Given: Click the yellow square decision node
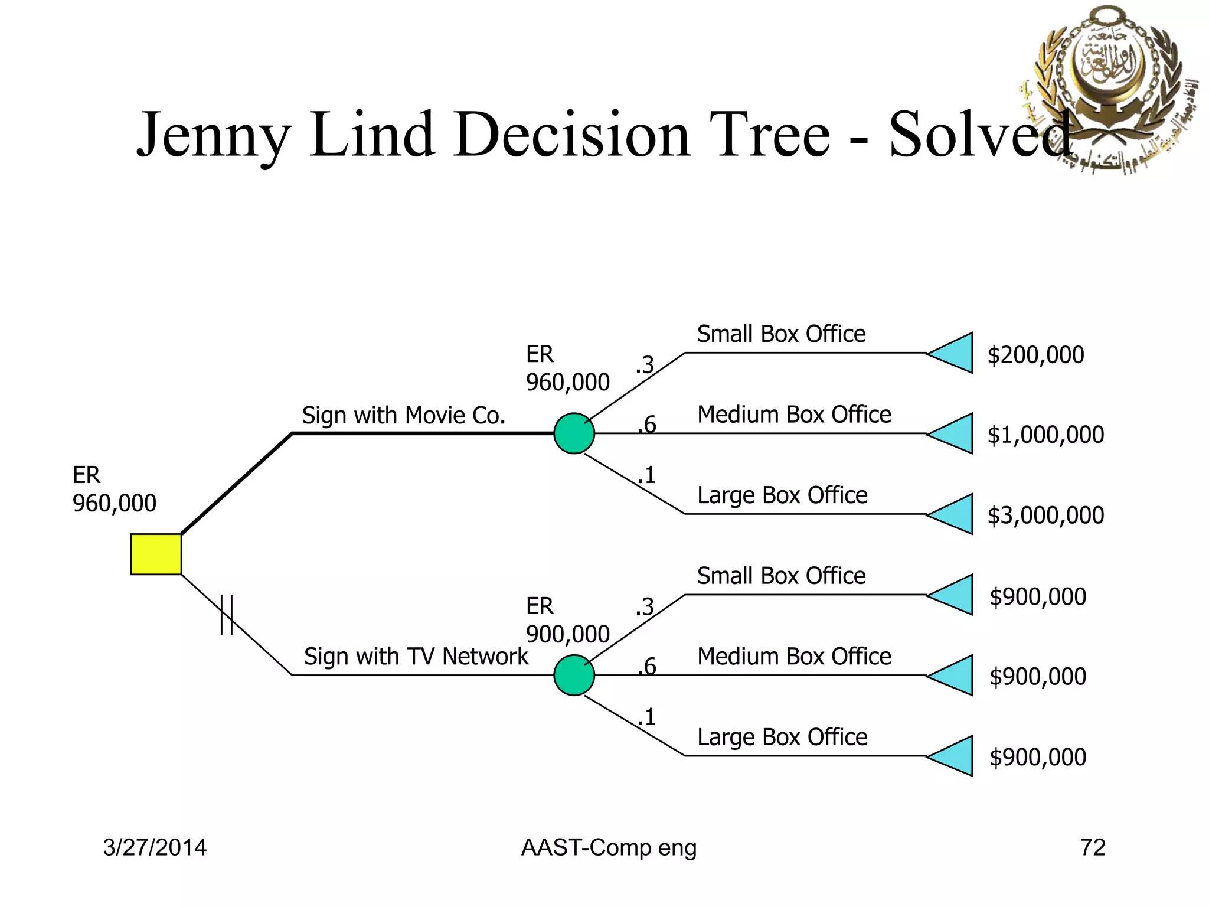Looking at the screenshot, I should pos(156,554).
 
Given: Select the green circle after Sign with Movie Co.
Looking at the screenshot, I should pos(574,433).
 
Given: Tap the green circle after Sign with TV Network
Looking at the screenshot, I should pos(574,675).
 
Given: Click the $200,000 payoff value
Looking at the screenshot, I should pos(1035,355).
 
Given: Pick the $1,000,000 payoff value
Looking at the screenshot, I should pos(1045,435).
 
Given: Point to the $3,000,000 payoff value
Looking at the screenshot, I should pos(1045,516).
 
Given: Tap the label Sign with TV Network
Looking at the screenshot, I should pos(416,657).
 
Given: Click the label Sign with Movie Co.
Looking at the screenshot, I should pos(404,416).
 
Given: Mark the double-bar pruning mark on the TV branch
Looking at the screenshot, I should pos(227,615).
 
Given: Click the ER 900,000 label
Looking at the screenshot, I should pos(567,620).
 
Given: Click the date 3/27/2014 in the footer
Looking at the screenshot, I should pos(155,848).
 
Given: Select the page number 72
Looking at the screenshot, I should pos(1092,848).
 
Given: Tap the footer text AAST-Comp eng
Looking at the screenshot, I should pos(609,848).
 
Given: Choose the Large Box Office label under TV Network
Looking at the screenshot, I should pos(782,737).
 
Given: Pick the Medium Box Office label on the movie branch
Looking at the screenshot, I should pos(794,415).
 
